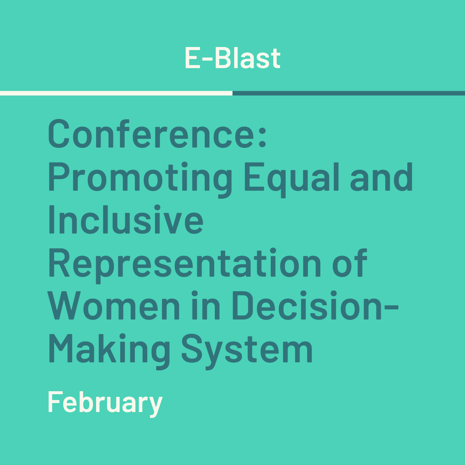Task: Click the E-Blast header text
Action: coord(233,58)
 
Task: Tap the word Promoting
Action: coord(140,180)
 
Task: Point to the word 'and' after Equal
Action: coord(381,177)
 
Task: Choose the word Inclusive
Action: coord(126,220)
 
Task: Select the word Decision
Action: coord(307,306)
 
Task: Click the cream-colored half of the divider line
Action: coord(116,93)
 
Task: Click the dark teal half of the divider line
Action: coord(349,93)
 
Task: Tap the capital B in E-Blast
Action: coord(223,58)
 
